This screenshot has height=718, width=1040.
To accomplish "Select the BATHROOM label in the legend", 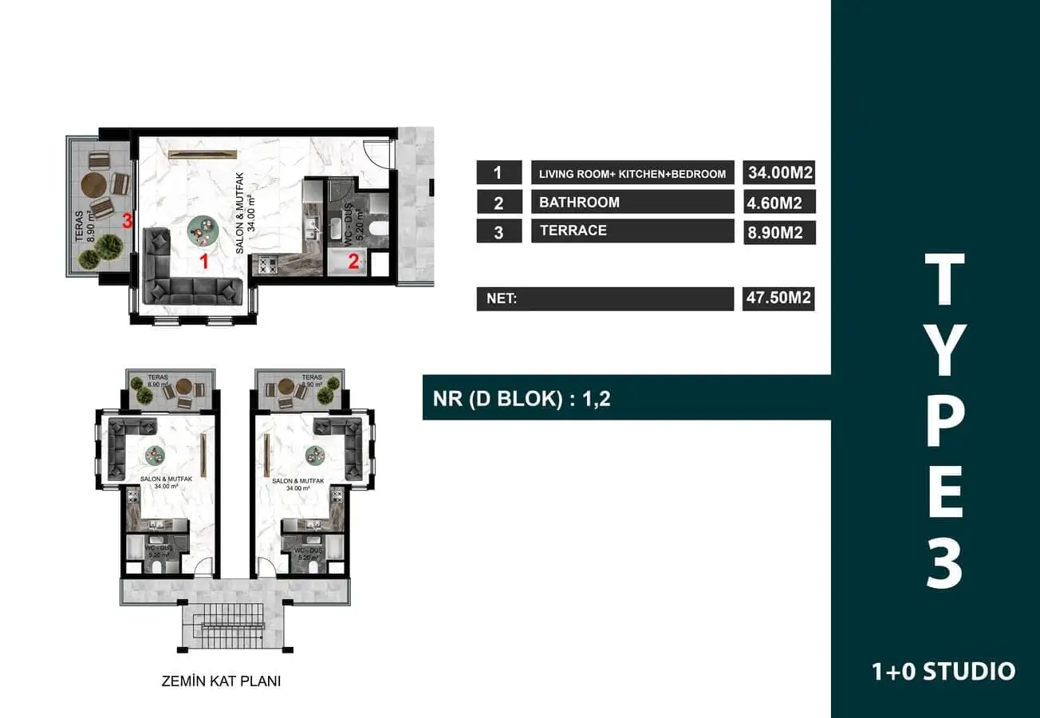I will (579, 202).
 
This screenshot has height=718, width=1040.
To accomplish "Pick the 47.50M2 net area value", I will (778, 299).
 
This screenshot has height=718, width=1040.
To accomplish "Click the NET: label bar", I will (605, 299).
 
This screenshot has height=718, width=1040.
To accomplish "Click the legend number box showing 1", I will (498, 173).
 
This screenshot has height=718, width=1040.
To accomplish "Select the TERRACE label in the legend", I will (573, 231).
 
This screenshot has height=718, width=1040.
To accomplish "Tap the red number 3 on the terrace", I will (127, 221).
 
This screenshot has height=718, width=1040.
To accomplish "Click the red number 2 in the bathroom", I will (353, 259).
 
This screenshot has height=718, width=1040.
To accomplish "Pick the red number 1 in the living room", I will (204, 259).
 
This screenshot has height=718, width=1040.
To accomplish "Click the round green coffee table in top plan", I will (202, 231).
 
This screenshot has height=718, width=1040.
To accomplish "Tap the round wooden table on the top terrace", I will (96, 185).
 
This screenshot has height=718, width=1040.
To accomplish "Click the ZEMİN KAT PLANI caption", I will (221, 682).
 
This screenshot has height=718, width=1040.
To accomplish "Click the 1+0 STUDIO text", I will (943, 671).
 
